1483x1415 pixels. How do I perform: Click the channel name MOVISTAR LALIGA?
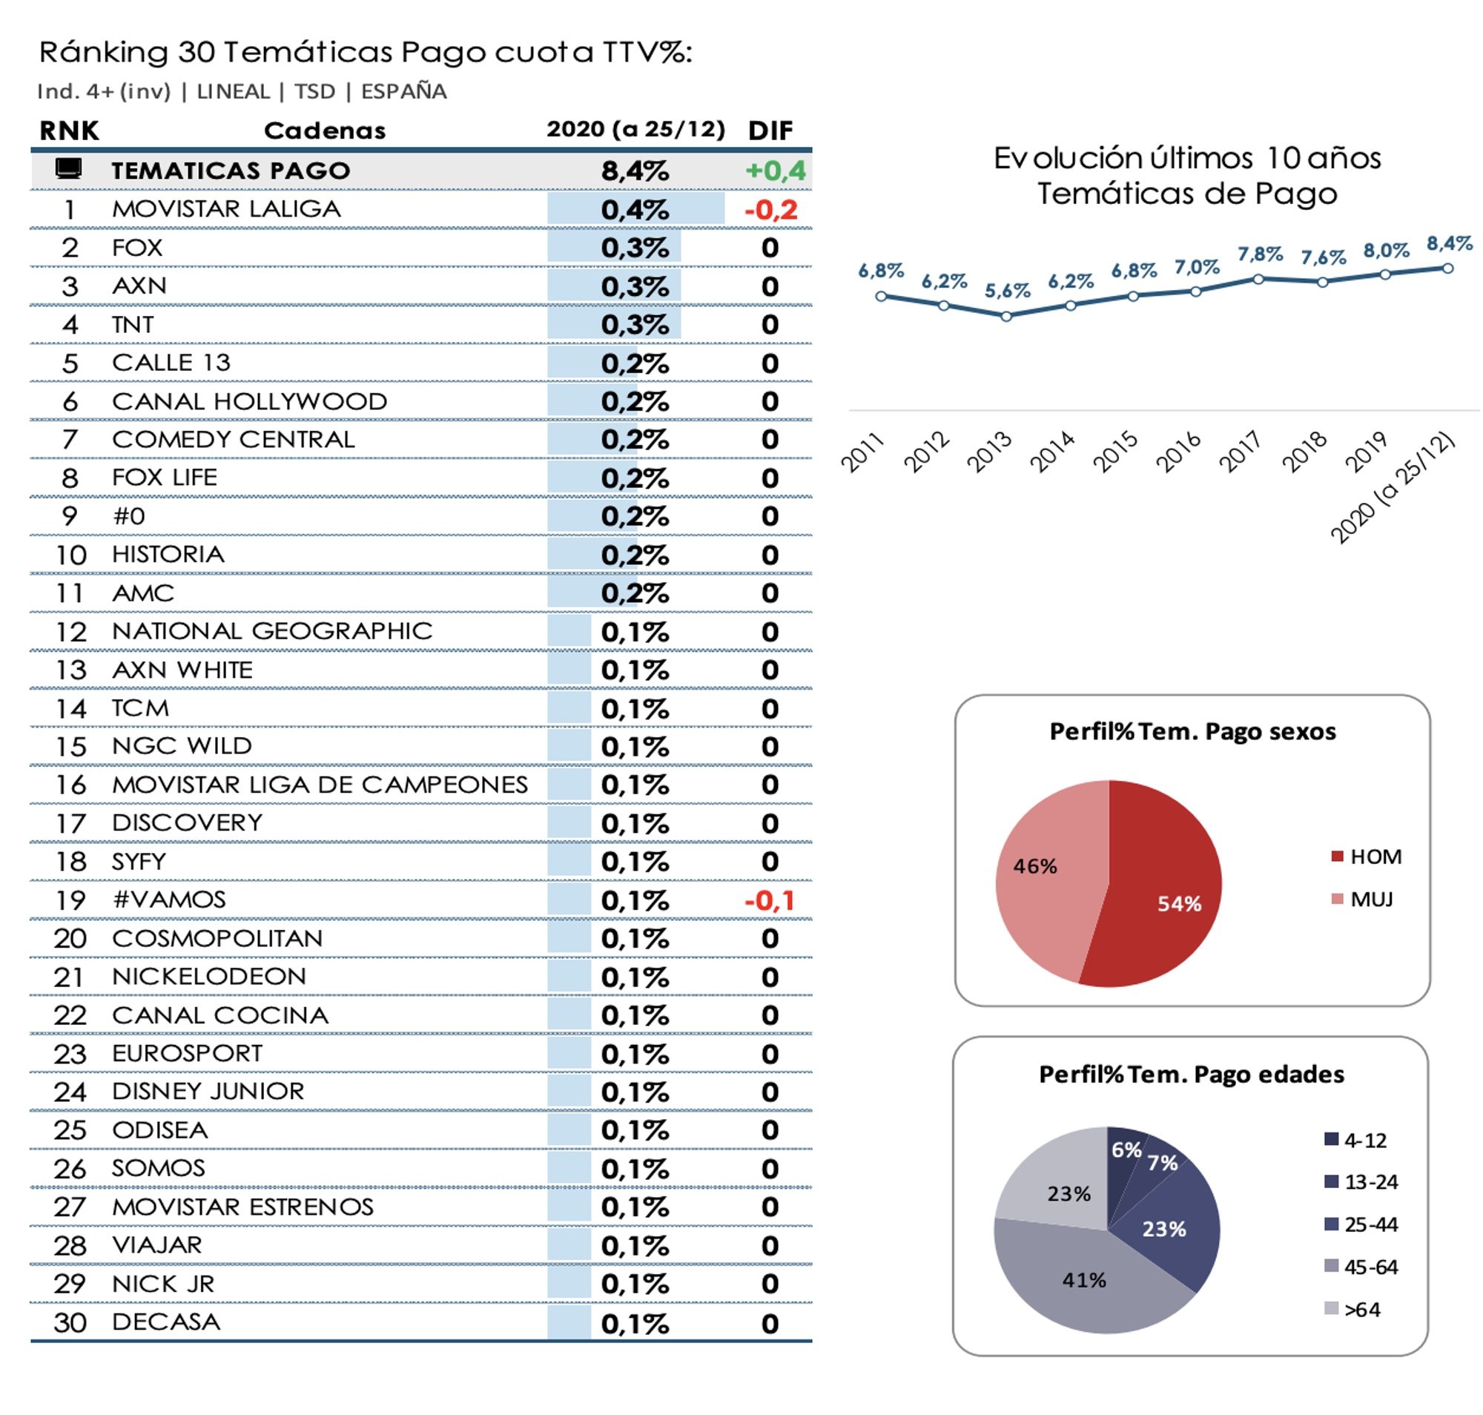click(x=226, y=208)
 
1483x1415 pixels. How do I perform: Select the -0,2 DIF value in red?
click(x=770, y=210)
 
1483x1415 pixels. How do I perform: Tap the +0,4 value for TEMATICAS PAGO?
click(x=775, y=171)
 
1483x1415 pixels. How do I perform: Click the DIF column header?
click(x=770, y=131)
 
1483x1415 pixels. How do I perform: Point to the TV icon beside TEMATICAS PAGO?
click(x=69, y=168)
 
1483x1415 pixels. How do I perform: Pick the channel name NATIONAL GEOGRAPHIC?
click(x=271, y=630)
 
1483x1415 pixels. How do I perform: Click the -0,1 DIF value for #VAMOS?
click(x=769, y=900)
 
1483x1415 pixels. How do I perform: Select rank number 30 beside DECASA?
click(x=70, y=1322)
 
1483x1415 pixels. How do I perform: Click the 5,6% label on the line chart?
click(x=1006, y=291)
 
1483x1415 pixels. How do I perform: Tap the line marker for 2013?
click(x=1006, y=316)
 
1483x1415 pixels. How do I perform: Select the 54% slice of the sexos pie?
click(x=1169, y=897)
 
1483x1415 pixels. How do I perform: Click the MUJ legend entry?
click(x=1370, y=899)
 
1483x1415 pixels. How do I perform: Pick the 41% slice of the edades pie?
click(x=1086, y=1279)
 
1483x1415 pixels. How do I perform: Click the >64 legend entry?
click(x=1360, y=1309)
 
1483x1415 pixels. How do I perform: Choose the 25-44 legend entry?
click(x=1369, y=1224)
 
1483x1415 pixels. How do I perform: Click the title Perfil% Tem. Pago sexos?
click(x=1192, y=731)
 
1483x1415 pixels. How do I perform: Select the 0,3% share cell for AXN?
click(x=634, y=286)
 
